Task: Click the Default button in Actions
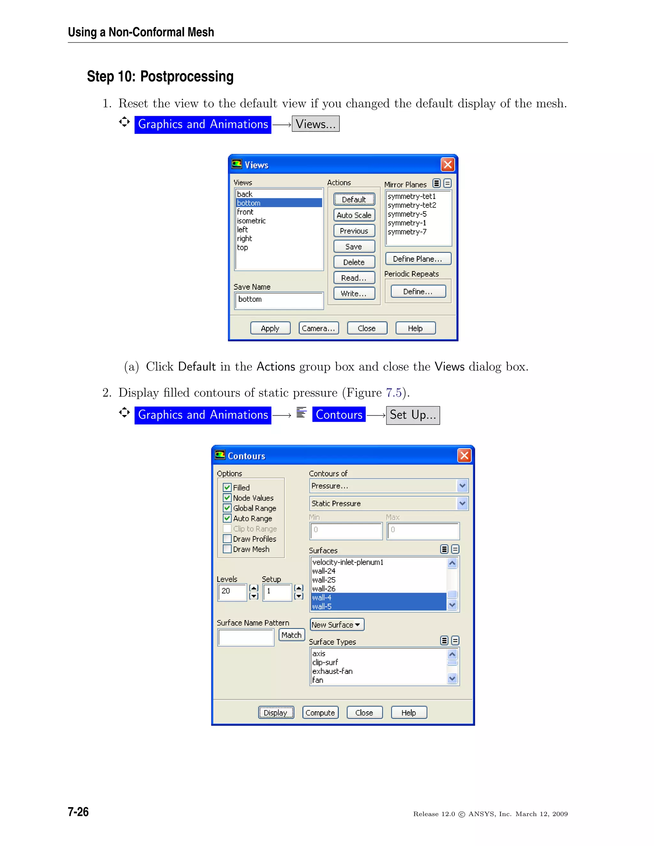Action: [354, 200]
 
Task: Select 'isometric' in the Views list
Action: [251, 221]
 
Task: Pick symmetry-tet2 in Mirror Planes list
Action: [412, 205]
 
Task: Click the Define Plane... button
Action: [418, 259]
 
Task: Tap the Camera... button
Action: [318, 328]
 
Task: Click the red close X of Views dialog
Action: [447, 165]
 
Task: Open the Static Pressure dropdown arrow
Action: [462, 503]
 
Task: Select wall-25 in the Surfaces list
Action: [324, 580]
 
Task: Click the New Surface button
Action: [336, 625]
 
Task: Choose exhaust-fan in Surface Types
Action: [332, 671]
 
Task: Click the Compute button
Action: [320, 713]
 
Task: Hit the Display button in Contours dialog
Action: [276, 713]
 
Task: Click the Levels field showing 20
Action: [232, 592]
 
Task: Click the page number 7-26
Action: [78, 812]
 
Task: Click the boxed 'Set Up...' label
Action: [413, 415]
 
